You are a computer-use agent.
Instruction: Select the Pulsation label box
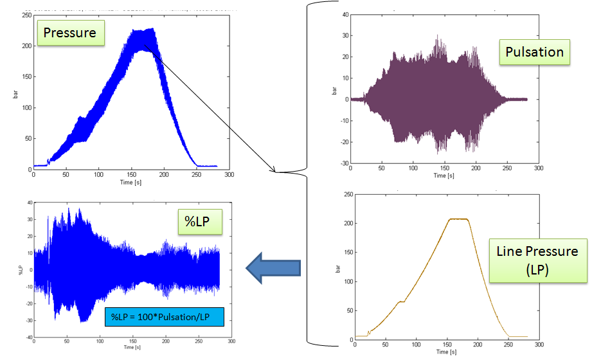tap(534, 52)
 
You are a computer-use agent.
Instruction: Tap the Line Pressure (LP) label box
tap(538, 260)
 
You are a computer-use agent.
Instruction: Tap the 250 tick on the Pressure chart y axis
tap(25, 15)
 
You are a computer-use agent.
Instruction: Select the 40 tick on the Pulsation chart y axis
tap(344, 14)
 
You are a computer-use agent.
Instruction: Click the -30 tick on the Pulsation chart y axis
tap(343, 163)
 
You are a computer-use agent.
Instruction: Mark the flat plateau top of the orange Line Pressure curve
tap(458, 219)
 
